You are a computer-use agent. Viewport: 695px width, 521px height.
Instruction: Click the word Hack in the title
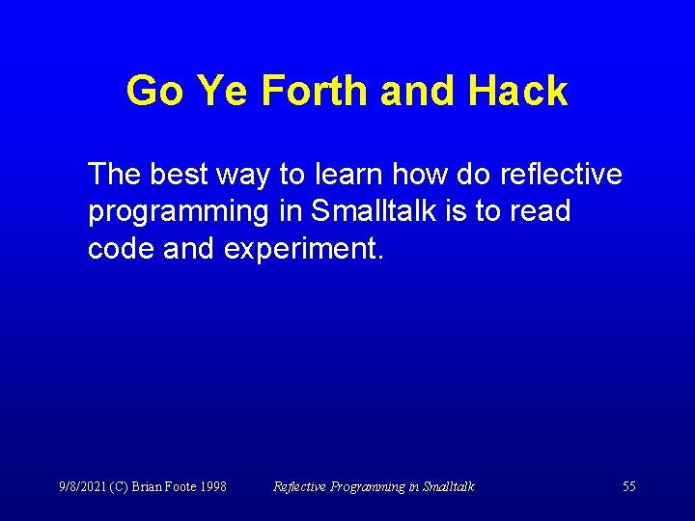[518, 92]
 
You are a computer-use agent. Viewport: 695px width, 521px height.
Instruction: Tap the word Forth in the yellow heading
[316, 92]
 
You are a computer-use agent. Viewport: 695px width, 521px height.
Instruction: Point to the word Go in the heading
[155, 92]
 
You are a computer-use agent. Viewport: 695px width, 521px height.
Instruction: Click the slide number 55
[628, 486]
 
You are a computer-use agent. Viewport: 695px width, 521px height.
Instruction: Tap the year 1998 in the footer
[211, 486]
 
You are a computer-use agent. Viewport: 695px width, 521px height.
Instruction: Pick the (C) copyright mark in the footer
[119, 486]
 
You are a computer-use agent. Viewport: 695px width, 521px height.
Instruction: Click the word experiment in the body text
[304, 250]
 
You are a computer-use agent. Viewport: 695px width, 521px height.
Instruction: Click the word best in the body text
[178, 175]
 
